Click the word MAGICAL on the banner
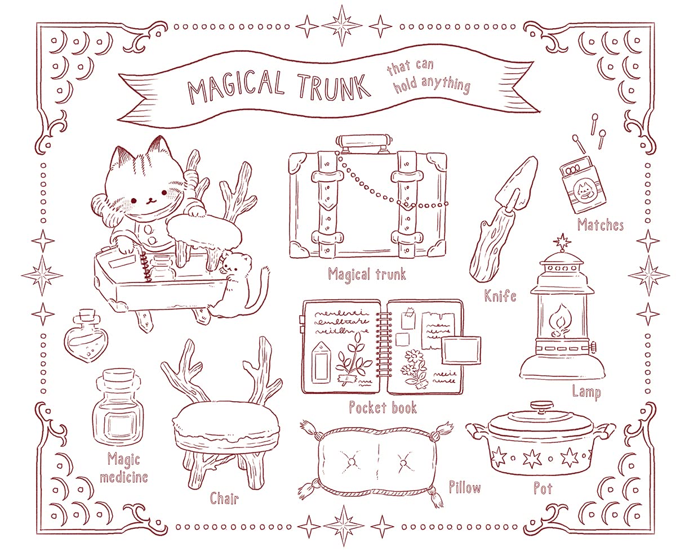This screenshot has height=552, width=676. point(236,89)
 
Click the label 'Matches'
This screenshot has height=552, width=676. point(600,226)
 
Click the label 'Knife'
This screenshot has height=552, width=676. point(500,295)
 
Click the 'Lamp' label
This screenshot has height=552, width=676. point(586,392)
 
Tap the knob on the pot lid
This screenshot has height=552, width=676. point(542,405)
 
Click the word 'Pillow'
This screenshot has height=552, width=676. point(465,487)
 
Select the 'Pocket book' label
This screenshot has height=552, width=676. point(383,407)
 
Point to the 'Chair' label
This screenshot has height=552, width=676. point(225,498)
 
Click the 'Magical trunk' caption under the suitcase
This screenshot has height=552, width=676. point(367,275)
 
